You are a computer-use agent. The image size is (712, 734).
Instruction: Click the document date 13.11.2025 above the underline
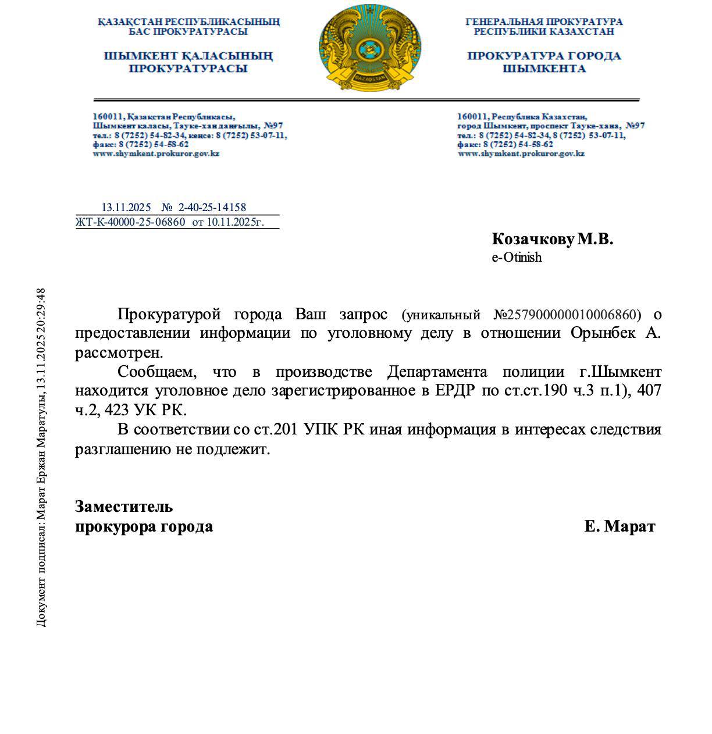point(126,208)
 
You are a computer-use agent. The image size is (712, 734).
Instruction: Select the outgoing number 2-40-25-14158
point(212,208)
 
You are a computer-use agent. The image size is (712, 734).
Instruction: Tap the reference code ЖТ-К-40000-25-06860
point(130,222)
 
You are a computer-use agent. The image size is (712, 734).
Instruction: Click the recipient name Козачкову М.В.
point(552,239)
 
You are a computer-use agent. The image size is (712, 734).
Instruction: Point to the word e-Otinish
point(517,257)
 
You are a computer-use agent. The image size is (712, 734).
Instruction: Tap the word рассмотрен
point(119,353)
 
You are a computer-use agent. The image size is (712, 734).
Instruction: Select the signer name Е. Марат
point(620,526)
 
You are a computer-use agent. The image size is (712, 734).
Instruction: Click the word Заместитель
point(124,506)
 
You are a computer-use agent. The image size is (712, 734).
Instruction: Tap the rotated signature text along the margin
point(41,457)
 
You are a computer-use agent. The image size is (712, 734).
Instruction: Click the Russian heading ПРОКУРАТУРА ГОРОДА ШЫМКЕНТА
point(544,62)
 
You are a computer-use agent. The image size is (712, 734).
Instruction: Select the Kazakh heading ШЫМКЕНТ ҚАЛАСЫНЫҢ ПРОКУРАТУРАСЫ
point(188,62)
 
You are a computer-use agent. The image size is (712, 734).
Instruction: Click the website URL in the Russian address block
point(521,154)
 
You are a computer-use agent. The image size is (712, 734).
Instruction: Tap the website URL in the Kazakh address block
point(156,154)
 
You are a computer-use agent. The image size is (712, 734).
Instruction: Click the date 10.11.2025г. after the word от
point(236,222)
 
